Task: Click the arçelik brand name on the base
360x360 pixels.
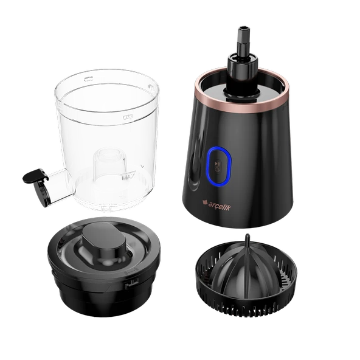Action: point(220,206)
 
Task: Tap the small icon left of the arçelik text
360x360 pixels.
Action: point(204,202)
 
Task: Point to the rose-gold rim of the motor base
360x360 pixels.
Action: point(242,97)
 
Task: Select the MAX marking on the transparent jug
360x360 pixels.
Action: point(128,177)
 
